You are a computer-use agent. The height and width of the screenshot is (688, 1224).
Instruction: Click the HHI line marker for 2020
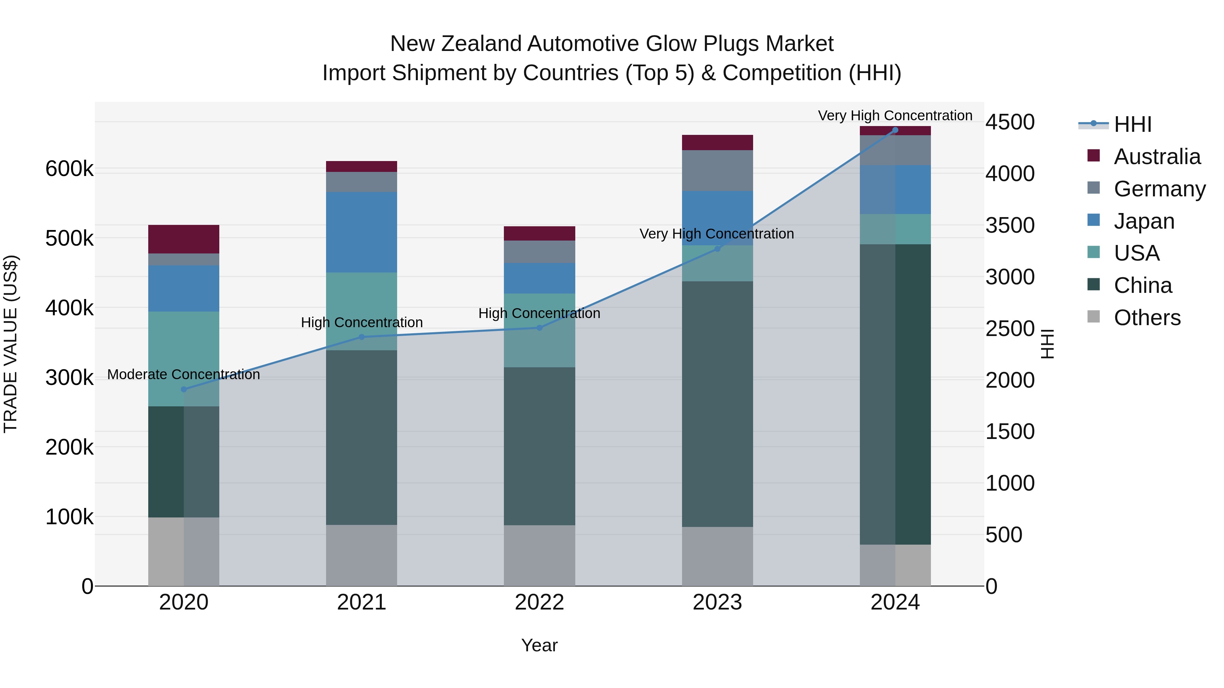184,389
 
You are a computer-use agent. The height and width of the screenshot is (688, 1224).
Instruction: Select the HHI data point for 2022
539,328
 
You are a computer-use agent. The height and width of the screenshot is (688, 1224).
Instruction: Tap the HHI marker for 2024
895,130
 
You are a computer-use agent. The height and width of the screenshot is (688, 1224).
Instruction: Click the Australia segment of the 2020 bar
184,239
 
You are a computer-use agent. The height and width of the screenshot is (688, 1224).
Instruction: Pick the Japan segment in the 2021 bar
362,232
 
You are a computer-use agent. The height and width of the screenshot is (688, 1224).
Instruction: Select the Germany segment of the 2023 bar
717,171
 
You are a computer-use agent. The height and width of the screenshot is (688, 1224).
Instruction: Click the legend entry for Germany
1159,189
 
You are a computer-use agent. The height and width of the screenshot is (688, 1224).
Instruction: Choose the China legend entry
1143,286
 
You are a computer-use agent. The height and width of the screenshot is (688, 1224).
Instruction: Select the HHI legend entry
1132,124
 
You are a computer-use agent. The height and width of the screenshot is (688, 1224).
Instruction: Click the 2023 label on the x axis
717,602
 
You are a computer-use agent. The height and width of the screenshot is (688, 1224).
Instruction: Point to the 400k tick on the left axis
69,308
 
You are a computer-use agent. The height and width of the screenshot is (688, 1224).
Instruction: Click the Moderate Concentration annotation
184,375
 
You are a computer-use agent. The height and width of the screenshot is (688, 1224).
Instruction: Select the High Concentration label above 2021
362,322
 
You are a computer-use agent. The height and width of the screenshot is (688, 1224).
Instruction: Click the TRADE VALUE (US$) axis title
11,344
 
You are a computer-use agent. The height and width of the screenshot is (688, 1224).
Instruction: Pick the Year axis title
539,645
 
